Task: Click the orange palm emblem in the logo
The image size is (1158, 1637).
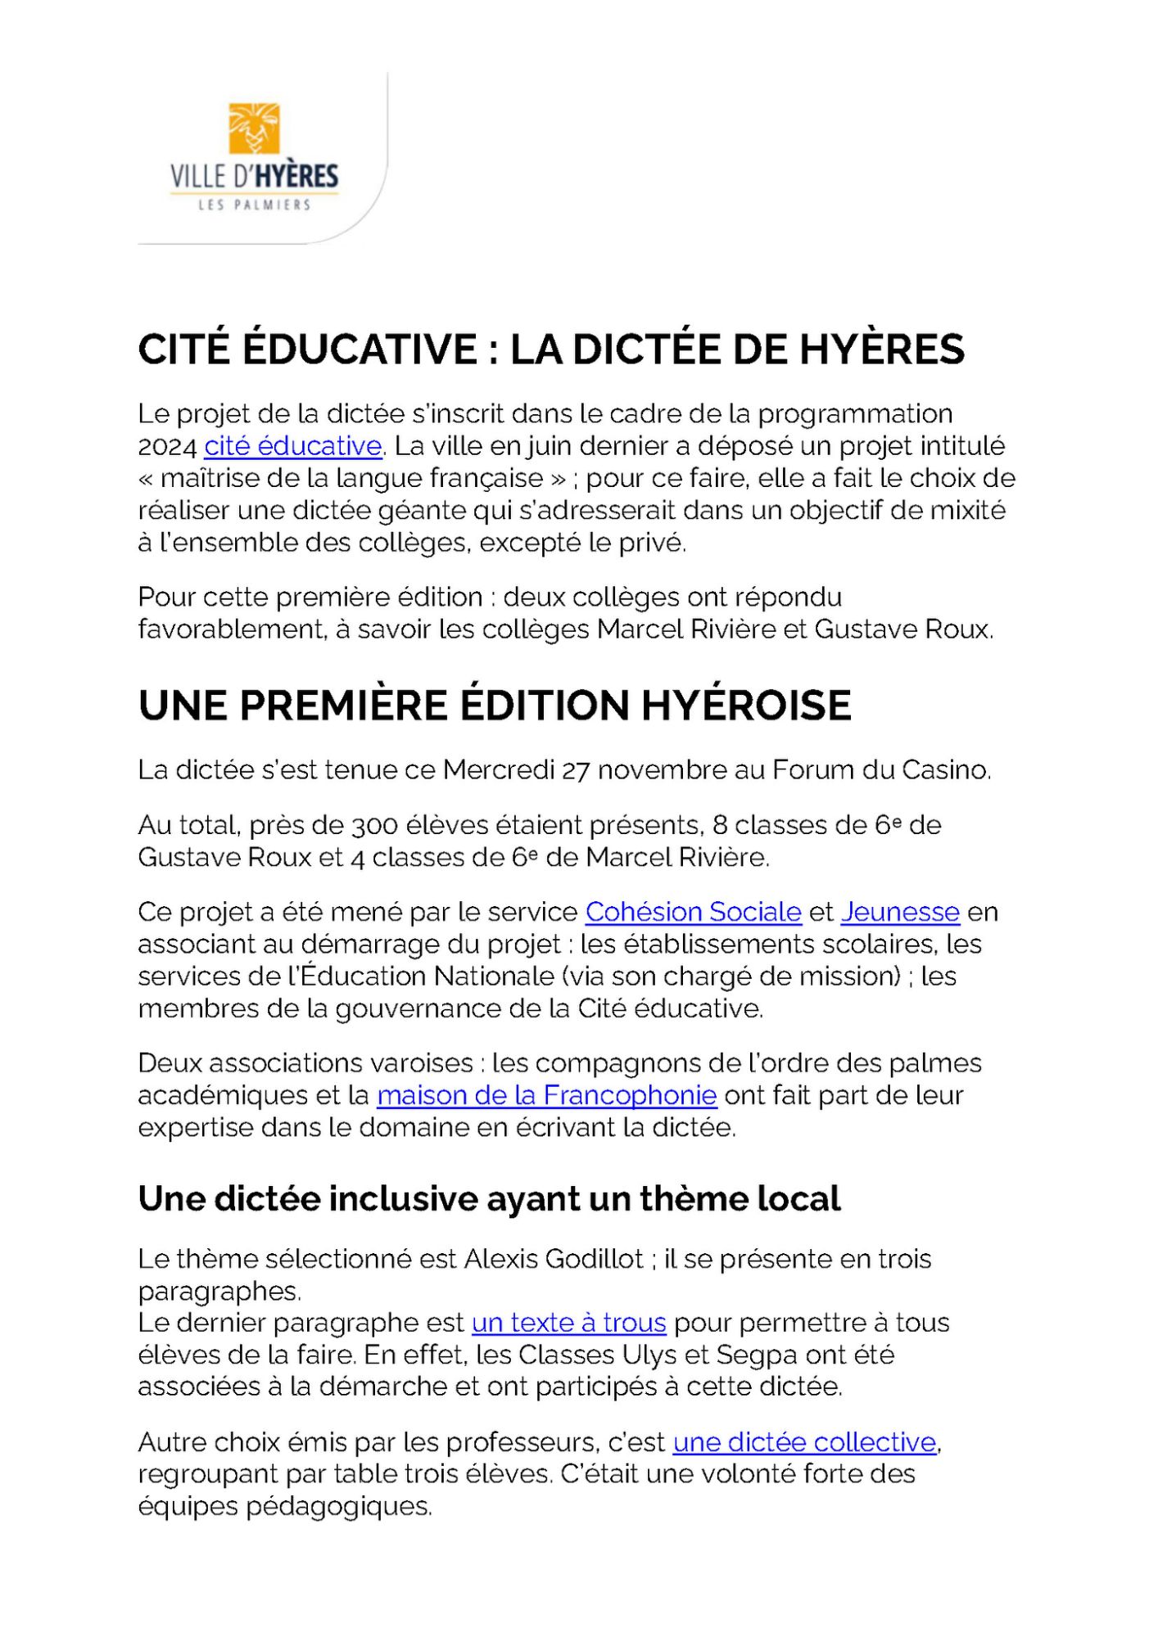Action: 254,129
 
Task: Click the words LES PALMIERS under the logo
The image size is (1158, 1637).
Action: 254,205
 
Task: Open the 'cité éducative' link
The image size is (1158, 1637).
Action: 292,446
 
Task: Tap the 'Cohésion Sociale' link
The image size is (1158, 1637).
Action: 693,912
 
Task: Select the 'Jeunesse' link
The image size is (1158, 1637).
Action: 899,912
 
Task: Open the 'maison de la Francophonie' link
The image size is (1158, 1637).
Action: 546,1095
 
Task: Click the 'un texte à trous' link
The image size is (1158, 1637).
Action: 568,1323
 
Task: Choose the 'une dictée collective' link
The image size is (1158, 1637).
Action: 804,1442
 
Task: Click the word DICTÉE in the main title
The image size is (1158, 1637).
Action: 646,349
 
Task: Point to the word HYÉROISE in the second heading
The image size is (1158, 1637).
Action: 746,706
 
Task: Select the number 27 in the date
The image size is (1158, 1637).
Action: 575,770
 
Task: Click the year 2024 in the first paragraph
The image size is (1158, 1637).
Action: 167,447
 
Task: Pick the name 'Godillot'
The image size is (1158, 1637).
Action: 594,1259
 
